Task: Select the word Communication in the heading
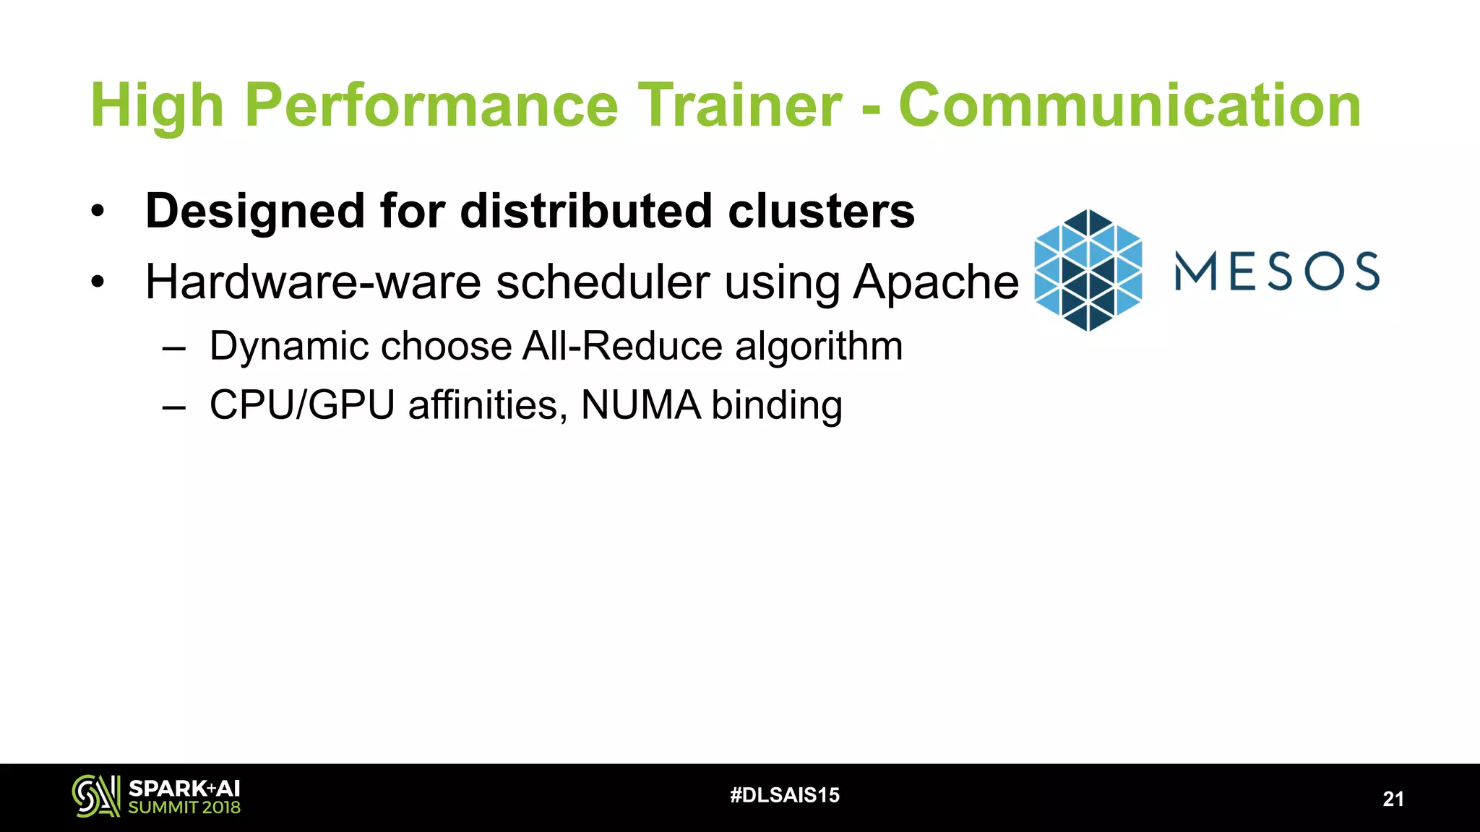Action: click(x=1130, y=105)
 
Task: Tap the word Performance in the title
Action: click(x=431, y=105)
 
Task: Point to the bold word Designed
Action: click(x=255, y=212)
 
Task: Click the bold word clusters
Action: click(x=821, y=212)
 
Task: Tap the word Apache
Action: click(x=936, y=283)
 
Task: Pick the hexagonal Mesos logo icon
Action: click(x=1088, y=270)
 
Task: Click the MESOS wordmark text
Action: click(x=1277, y=271)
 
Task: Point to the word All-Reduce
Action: click(x=622, y=346)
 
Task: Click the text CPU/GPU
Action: click(x=301, y=405)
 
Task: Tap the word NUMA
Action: click(x=640, y=405)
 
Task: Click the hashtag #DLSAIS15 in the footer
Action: click(x=785, y=795)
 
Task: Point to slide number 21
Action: click(x=1393, y=799)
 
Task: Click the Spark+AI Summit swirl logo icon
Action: click(x=95, y=796)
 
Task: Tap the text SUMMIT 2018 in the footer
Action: click(x=184, y=807)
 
